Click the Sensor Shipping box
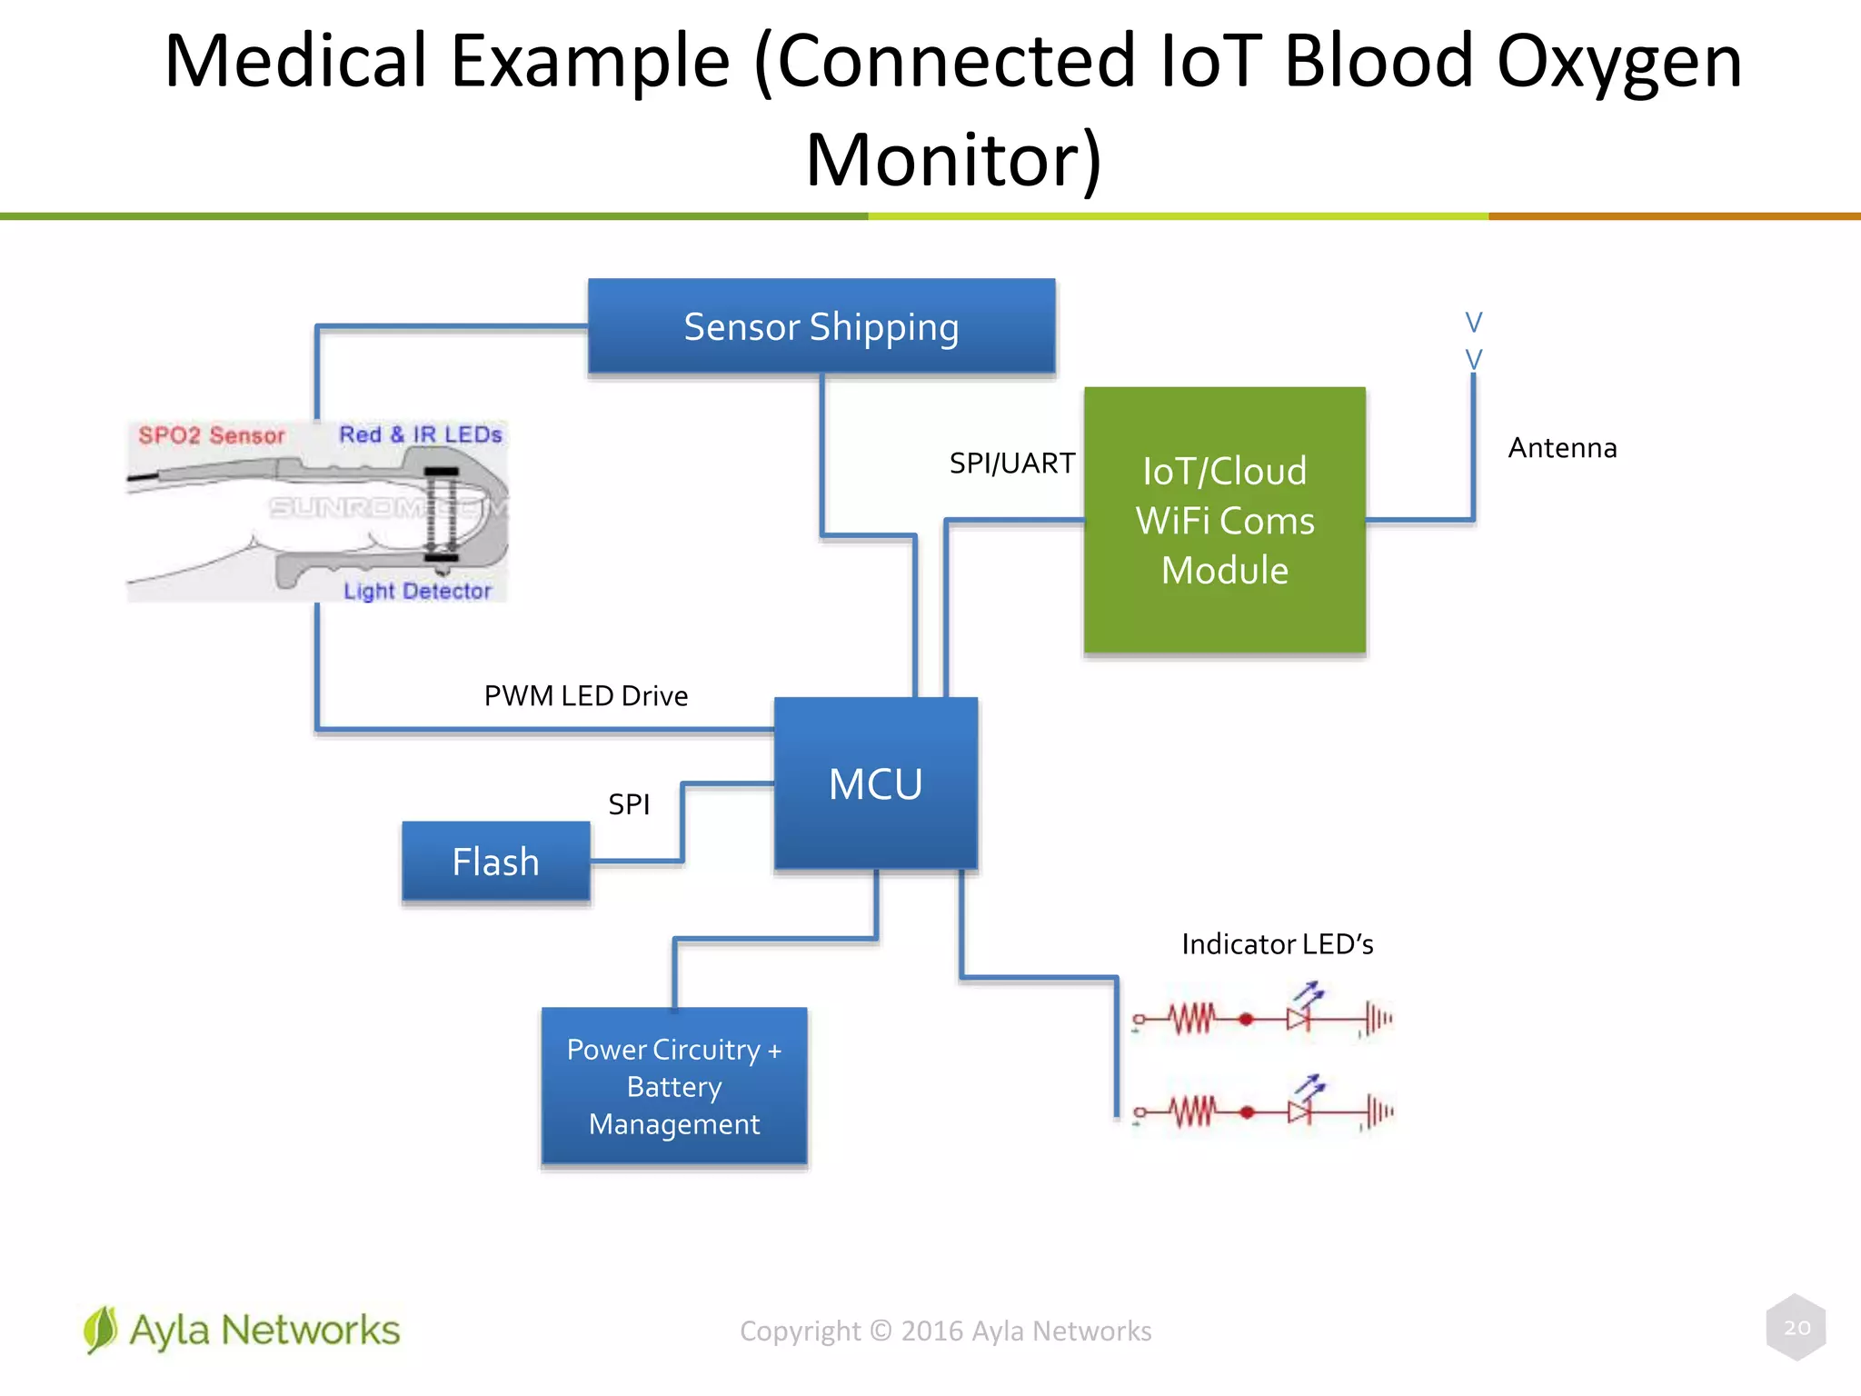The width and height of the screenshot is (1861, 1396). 821,327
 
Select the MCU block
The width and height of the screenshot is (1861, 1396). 875,783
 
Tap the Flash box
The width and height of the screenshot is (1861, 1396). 496,862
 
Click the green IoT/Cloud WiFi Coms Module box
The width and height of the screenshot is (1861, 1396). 1224,520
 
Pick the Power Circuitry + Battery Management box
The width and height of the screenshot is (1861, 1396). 673,1086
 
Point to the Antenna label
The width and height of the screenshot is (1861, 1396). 1562,448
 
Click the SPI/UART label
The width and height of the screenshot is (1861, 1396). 1011,464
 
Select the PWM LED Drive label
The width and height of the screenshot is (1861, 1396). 585,696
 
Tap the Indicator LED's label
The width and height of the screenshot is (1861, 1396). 1277,944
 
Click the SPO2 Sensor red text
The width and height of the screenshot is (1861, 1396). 212,435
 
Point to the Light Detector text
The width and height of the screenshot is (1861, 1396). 417,591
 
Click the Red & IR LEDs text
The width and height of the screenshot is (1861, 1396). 421,434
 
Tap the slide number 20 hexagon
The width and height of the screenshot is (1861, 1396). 1796,1328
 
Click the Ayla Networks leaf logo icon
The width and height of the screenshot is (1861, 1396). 100,1330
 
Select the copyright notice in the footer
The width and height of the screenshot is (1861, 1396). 945,1331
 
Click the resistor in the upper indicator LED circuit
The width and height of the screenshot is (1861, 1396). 1191,1019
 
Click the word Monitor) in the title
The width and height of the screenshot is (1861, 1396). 953,160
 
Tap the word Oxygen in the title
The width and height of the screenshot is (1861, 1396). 1618,62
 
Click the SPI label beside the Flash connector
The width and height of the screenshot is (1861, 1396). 629,804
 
